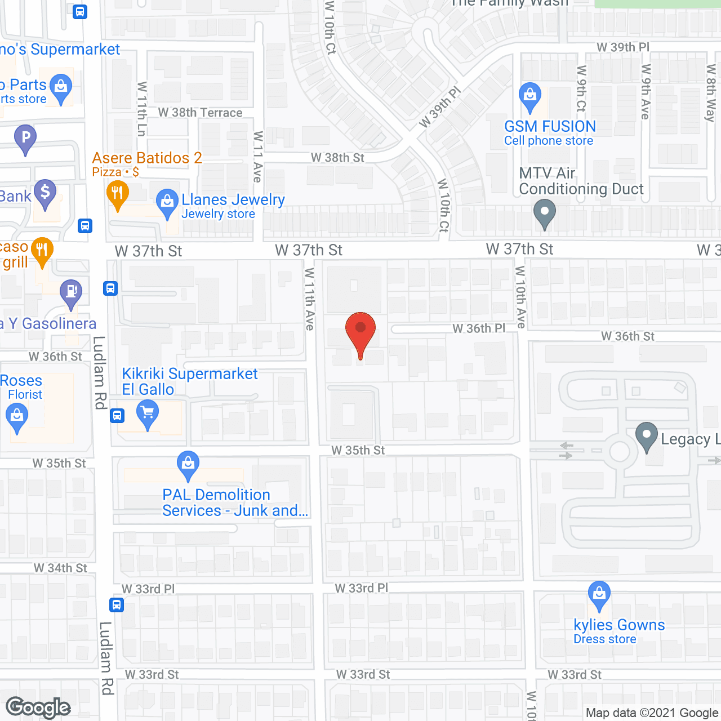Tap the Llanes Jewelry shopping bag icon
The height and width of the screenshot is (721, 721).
click(167, 203)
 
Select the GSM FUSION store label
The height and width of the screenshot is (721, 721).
click(550, 127)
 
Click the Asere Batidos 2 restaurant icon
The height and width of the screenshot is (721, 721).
click(117, 195)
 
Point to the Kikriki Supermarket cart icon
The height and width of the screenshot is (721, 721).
click(148, 414)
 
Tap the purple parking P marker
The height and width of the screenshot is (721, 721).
click(25, 137)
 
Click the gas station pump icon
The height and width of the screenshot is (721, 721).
click(71, 292)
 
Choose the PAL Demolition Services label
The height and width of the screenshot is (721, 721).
click(235, 502)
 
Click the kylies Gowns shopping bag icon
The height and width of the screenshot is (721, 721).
click(599, 594)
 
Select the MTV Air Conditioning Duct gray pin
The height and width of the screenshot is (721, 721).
click(544, 213)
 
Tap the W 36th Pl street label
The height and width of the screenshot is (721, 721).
click(478, 328)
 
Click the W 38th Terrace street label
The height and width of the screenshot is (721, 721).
click(200, 113)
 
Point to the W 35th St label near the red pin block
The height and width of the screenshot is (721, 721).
click(358, 450)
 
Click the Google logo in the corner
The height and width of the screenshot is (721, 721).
click(38, 707)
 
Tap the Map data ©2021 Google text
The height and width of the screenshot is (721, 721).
click(652, 713)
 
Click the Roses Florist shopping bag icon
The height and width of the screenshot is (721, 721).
click(17, 417)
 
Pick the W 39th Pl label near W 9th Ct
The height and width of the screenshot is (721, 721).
click(623, 47)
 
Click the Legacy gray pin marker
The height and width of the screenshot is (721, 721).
click(647, 436)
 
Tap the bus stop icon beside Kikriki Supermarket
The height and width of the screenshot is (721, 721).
click(117, 416)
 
